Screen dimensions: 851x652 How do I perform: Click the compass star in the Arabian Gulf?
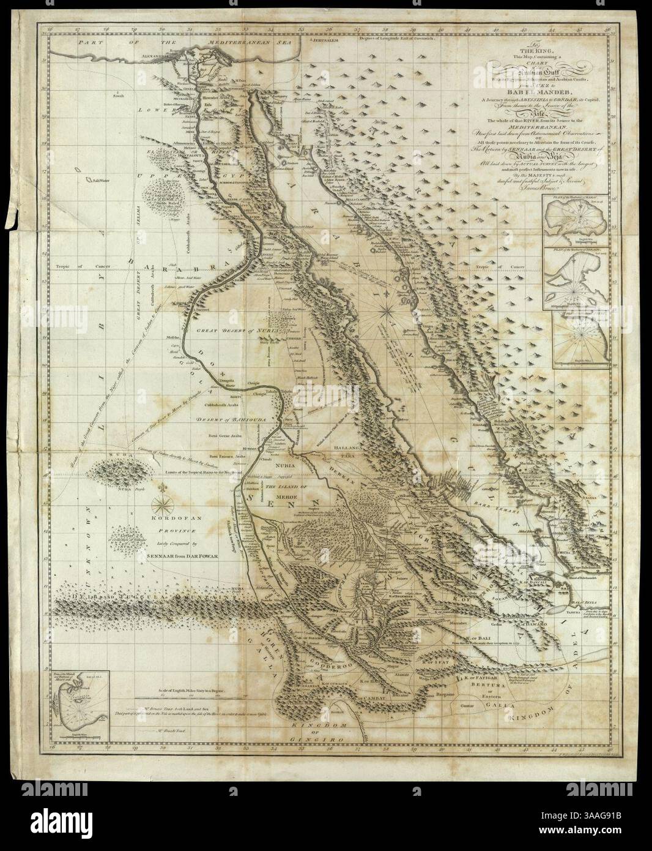[387, 311]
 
